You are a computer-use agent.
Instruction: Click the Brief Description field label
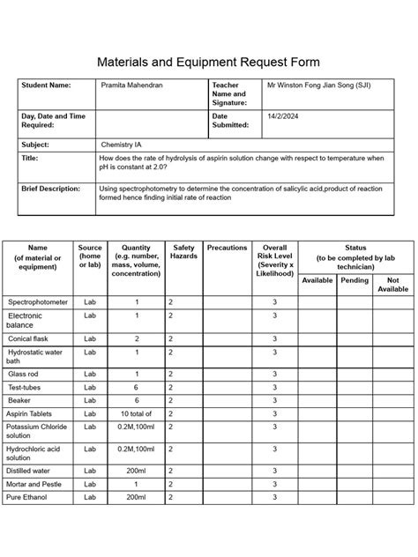[x=50, y=189]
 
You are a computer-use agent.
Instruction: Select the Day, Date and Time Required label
[x=53, y=121]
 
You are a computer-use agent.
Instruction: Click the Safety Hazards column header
[x=183, y=253]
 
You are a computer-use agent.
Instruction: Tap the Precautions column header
[x=227, y=248]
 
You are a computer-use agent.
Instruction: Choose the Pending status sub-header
[x=355, y=280]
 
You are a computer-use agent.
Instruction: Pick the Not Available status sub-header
[x=393, y=284]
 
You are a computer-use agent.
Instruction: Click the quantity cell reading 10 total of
[x=137, y=412]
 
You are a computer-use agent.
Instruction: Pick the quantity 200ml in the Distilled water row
[x=136, y=471]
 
